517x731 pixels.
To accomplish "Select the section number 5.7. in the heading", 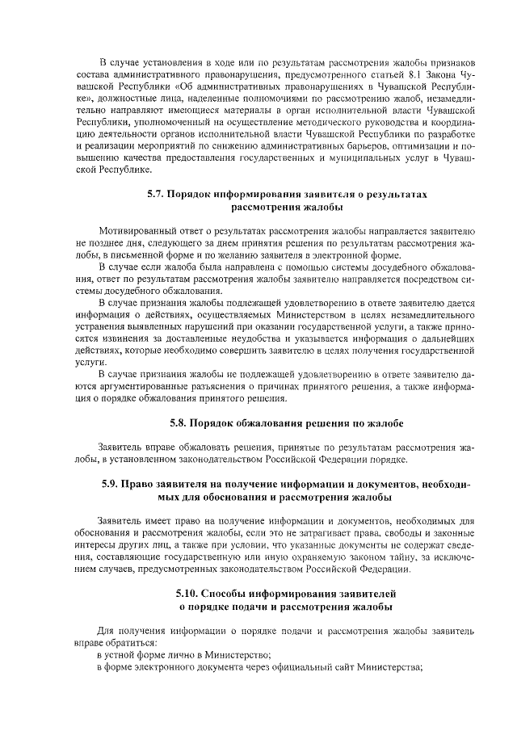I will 156,195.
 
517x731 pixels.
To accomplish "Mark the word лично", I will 168,655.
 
